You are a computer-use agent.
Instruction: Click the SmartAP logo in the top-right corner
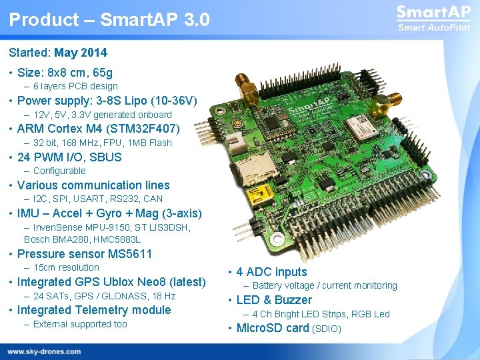tap(433, 18)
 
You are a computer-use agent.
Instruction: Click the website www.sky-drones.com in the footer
tap(44, 351)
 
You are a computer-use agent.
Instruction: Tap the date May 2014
tap(81, 53)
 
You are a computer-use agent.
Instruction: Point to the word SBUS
tap(106, 157)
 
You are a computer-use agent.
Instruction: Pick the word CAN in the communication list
tap(153, 199)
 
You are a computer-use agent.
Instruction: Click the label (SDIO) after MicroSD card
tap(327, 329)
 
